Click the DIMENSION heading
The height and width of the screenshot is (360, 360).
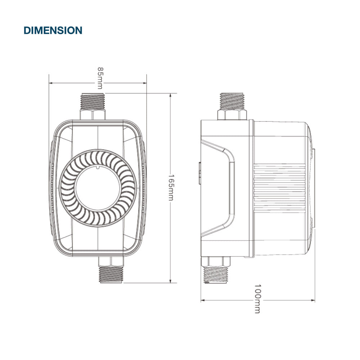(x=53, y=30)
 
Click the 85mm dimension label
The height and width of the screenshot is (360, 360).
(x=100, y=78)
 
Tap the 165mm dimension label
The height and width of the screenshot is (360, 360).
(x=171, y=188)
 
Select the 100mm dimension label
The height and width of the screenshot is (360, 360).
(x=258, y=299)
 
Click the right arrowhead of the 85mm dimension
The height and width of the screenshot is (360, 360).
(x=144, y=83)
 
